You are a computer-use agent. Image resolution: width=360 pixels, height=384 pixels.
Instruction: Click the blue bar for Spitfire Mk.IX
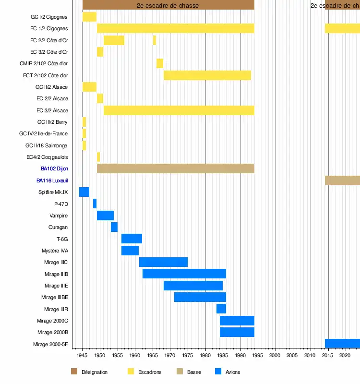coord(84,192)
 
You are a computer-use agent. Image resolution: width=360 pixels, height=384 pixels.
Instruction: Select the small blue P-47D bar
coord(95,204)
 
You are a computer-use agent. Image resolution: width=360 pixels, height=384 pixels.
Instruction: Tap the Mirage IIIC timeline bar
coord(163,262)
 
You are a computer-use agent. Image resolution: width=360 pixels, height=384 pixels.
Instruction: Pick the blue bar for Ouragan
coord(114,227)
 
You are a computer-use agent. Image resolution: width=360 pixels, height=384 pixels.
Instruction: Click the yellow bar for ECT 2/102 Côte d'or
coord(207,75)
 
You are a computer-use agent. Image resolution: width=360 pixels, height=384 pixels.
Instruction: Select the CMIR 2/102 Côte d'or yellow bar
coord(159,63)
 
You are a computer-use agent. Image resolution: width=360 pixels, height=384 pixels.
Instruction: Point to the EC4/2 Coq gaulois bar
coord(98,157)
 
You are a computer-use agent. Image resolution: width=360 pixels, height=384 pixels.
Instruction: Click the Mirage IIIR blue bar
coord(221,309)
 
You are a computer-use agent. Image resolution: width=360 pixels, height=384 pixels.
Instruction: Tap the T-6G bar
coord(132,239)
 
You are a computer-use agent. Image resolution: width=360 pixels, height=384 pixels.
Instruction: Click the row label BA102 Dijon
coord(54,169)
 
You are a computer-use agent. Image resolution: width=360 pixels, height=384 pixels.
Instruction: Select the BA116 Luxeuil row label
coord(52,180)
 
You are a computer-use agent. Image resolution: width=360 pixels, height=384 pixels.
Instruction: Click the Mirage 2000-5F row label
coord(50,344)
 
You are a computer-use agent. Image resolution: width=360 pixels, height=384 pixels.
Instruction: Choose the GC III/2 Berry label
coord(52,122)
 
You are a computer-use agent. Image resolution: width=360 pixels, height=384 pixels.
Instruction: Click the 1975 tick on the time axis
coord(188,356)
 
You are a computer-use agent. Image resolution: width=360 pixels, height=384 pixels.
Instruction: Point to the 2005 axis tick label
coord(292,356)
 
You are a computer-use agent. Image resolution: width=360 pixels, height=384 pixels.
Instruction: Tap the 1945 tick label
coord(83,356)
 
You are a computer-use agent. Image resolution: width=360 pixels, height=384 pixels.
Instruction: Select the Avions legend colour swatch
coord(218,372)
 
